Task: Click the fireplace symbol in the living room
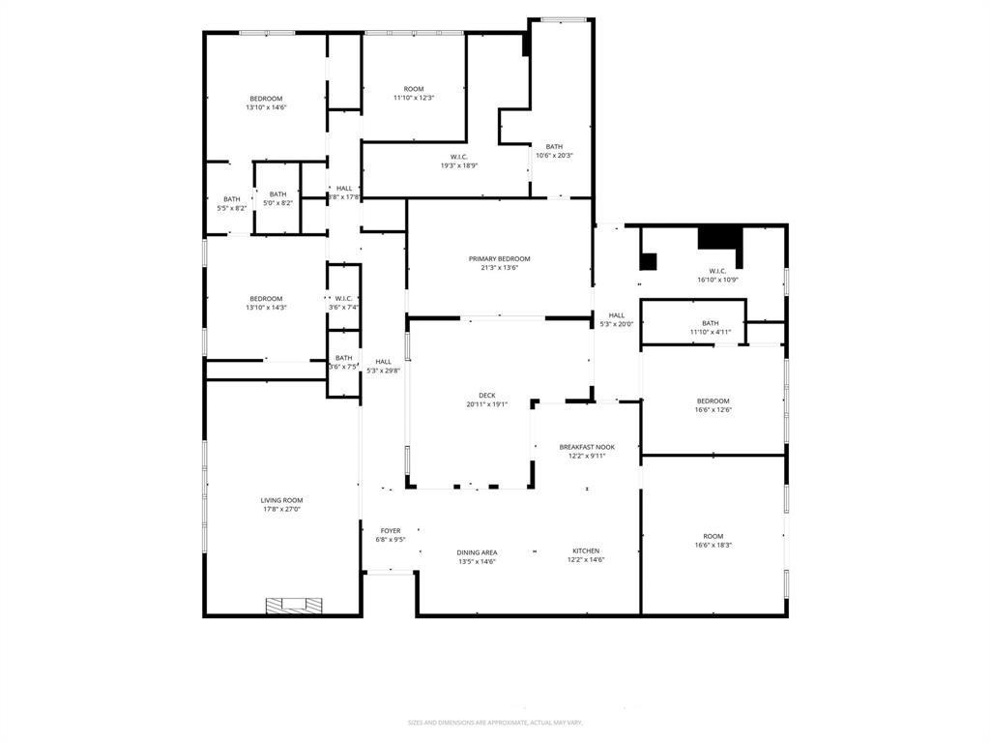click(294, 605)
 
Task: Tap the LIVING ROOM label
click(281, 500)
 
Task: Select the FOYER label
click(390, 530)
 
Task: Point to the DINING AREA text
click(477, 552)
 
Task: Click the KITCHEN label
click(585, 550)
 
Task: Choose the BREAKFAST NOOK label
click(587, 447)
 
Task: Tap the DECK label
click(486, 395)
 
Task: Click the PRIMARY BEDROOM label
click(500, 258)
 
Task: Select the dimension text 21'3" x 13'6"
click(500, 268)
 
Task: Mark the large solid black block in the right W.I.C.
click(717, 237)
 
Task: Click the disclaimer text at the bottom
click(495, 723)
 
